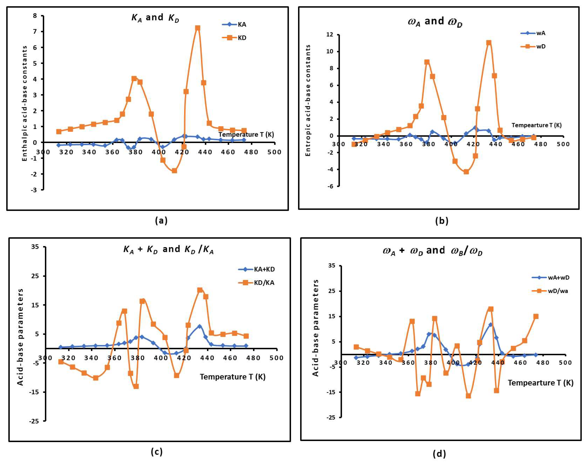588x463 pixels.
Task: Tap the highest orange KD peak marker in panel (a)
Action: (198, 28)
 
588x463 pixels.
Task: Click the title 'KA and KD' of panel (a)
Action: (155, 18)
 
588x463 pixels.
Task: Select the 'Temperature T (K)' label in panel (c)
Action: (233, 377)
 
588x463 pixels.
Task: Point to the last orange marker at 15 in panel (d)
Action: (536, 316)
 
